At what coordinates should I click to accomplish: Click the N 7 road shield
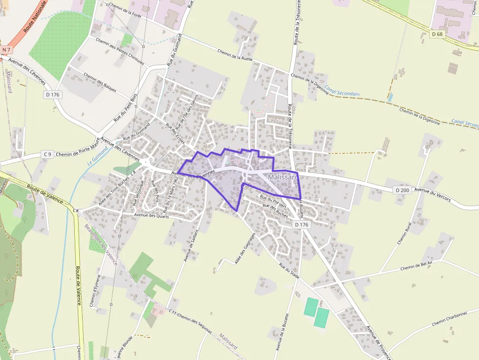tap(6, 50)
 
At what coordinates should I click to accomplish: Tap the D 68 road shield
tap(437, 34)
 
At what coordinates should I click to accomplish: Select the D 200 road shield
tap(402, 190)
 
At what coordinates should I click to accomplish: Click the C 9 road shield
tap(47, 154)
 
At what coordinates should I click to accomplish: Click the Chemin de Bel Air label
tap(416, 266)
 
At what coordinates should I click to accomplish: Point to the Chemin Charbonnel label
tap(450, 318)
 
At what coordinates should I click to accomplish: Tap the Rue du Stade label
tap(289, 270)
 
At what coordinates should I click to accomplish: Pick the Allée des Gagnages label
tap(245, 248)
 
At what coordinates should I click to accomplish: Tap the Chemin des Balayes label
tap(100, 83)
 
